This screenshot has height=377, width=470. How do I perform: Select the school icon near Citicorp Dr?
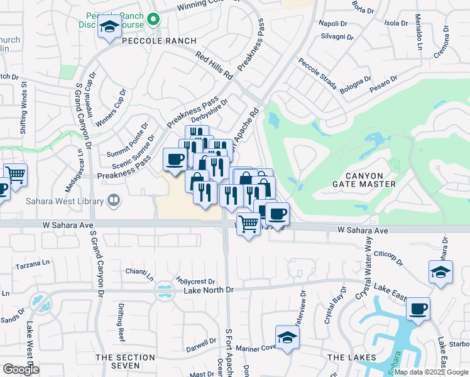pyautogui.click(x=440, y=272)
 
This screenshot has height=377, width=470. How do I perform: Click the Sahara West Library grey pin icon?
pyautogui.click(x=114, y=201)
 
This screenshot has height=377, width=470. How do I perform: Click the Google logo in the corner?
pyautogui.click(x=21, y=369)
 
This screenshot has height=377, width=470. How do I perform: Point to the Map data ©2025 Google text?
pyautogui.click(x=430, y=372)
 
